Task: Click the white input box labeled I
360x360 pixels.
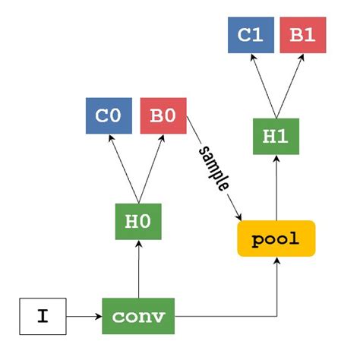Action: click(x=43, y=316)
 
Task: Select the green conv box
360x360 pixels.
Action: click(x=139, y=316)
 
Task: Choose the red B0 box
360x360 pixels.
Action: click(x=163, y=116)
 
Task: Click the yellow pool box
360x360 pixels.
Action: click(x=276, y=238)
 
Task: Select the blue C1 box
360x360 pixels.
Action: click(x=251, y=35)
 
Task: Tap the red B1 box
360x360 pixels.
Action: click(x=302, y=35)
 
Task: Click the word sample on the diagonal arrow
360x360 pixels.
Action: click(x=214, y=167)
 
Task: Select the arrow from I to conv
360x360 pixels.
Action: click(x=84, y=316)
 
